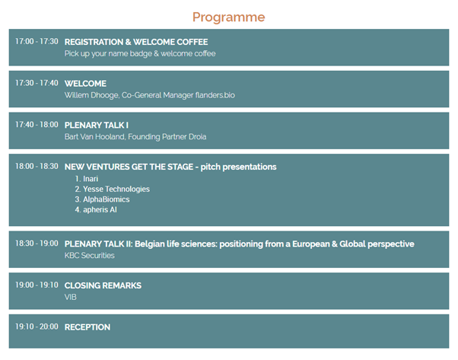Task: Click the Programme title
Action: pyautogui.click(x=229, y=18)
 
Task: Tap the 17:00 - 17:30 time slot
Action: pyautogui.click(x=37, y=42)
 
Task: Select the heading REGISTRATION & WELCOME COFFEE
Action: pyautogui.click(x=136, y=42)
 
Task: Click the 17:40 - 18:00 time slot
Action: pyautogui.click(x=37, y=125)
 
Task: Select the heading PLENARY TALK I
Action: pyautogui.click(x=97, y=126)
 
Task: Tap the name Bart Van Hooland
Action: pyautogui.click(x=94, y=137)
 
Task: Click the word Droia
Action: pyautogui.click(x=198, y=137)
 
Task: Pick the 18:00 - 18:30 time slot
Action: pyautogui.click(x=37, y=166)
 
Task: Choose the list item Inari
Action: pyautogui.click(x=91, y=179)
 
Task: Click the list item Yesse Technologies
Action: pyautogui.click(x=116, y=190)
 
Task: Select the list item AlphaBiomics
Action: pyautogui.click(x=107, y=199)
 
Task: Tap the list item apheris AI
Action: pyautogui.click(x=100, y=210)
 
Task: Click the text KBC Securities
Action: pyautogui.click(x=89, y=256)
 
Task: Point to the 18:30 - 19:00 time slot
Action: pyautogui.click(x=37, y=244)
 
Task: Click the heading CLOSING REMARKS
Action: pyautogui.click(x=103, y=285)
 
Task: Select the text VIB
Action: pyautogui.click(x=71, y=297)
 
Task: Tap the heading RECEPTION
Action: pyautogui.click(x=87, y=327)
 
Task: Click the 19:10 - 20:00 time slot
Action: pyautogui.click(x=37, y=327)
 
